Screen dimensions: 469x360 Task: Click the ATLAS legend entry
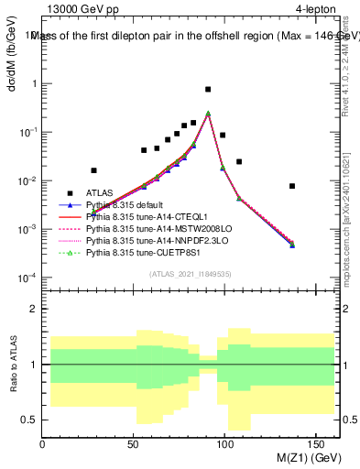click(99, 192)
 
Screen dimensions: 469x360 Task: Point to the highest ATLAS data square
click(208, 90)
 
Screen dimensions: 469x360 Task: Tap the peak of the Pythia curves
click(208, 114)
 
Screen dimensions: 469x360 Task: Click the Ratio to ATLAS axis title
click(14, 365)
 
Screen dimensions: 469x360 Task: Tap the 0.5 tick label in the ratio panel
click(29, 420)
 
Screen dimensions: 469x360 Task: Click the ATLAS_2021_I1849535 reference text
click(191, 274)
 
